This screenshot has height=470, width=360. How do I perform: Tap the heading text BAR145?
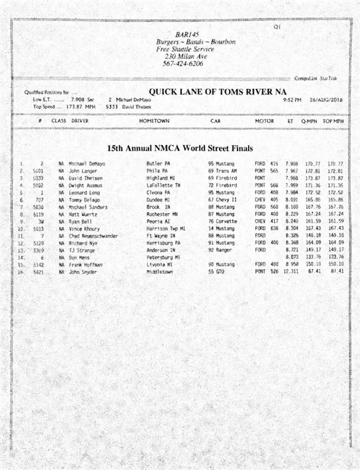187,35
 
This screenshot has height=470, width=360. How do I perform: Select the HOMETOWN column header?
154,121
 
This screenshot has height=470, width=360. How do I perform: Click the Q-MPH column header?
309,121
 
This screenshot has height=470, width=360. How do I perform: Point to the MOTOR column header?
264,121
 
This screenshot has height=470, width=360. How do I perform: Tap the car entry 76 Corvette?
223,222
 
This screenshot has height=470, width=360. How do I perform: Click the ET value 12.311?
292,272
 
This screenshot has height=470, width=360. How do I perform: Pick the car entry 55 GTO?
216,272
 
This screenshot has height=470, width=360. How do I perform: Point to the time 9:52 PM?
291,99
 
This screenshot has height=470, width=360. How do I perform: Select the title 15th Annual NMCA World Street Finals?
180,148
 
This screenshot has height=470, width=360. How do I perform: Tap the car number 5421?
38,272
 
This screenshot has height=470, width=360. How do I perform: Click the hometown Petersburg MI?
163,258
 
